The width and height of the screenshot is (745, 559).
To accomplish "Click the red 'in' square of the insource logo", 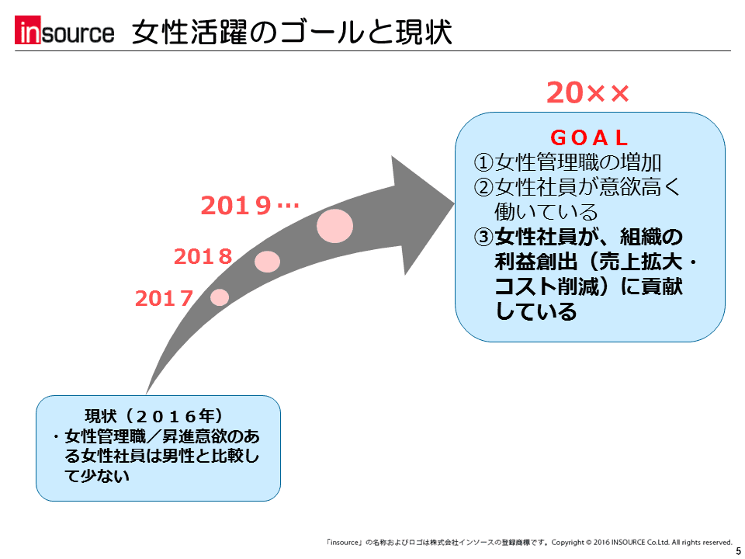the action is click(28, 30).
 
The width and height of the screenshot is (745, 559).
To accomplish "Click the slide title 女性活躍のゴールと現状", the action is click(292, 32).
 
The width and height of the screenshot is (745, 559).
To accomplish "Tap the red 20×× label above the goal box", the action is click(587, 92).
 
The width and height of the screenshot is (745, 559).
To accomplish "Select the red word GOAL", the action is click(589, 138).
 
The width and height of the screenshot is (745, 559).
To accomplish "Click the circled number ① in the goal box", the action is click(483, 162).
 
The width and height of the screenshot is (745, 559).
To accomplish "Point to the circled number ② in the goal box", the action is click(483, 187).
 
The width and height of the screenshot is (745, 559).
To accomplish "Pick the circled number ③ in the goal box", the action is click(483, 237).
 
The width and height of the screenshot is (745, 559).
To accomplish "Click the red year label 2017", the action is click(164, 298).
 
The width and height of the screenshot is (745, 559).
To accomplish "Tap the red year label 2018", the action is click(203, 257).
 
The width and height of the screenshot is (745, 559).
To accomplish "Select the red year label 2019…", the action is click(250, 206).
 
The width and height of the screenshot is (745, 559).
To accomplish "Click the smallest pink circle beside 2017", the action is click(220, 297).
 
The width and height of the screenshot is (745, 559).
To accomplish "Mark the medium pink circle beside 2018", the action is click(267, 262).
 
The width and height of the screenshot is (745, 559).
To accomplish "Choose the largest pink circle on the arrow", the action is click(335, 226).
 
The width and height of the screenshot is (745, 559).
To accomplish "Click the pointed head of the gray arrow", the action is click(454, 204).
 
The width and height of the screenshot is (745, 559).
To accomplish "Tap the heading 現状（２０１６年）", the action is click(154, 416).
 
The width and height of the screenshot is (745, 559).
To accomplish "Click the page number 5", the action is click(738, 551).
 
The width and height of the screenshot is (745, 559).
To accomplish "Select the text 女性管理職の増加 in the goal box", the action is click(577, 162).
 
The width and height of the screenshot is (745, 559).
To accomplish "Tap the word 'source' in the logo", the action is click(78, 33).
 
